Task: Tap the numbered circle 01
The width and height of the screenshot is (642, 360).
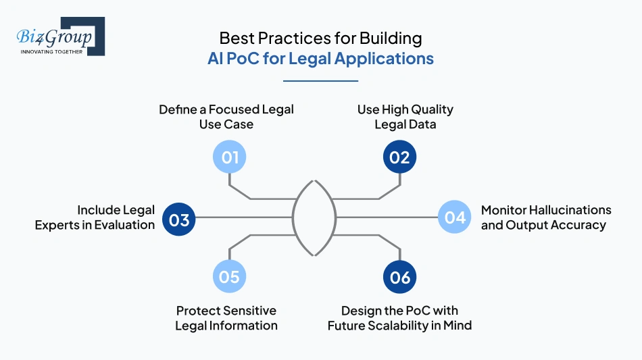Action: coord(230,157)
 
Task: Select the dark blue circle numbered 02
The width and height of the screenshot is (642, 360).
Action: coord(400,157)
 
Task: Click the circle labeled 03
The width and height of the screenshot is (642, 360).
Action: coord(179,220)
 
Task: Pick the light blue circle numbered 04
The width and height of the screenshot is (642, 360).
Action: coord(455,217)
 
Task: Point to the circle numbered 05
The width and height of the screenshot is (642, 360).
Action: coord(230,276)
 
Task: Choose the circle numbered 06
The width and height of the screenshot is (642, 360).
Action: coord(400,276)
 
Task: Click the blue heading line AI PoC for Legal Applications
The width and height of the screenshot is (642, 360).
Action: coord(320,59)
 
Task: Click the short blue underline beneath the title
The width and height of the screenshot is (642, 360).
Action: coord(320,80)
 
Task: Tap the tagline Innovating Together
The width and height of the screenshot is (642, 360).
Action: coord(51,51)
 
